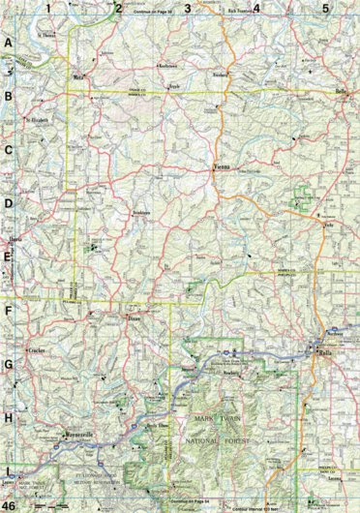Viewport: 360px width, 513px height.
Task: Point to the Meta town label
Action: pyautogui.click(x=77, y=74)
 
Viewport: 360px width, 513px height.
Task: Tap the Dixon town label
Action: pyautogui.click(x=135, y=317)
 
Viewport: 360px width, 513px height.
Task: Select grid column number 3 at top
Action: pyautogui.click(x=188, y=8)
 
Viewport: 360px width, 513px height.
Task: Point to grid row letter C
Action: pyautogui.click(x=8, y=150)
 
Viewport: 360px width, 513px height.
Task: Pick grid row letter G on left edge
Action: pyautogui.click(x=8, y=365)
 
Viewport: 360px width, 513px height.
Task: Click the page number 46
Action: pyautogui.click(x=9, y=505)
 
